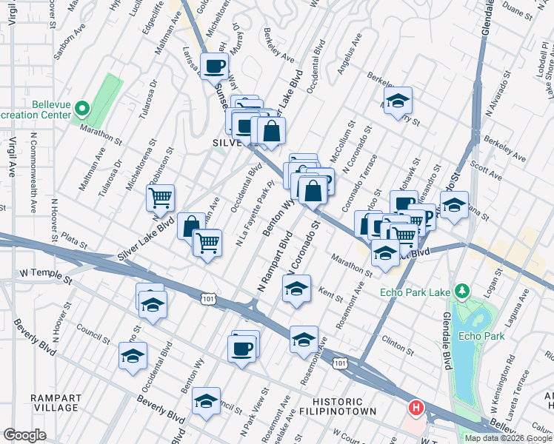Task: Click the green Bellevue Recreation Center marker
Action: pyautogui.click(x=82, y=110)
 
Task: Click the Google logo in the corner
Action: pyautogui.click(x=24, y=435)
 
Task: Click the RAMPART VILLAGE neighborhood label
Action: pyautogui.click(x=56, y=403)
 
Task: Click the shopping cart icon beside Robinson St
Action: pyautogui.click(x=160, y=198)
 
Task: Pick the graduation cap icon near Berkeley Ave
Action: pyautogui.click(x=398, y=101)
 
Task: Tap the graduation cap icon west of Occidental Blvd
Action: pyautogui.click(x=133, y=356)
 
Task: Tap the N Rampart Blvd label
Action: pyautogui.click(x=273, y=263)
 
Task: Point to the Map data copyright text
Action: pyautogui.click(x=507, y=438)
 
